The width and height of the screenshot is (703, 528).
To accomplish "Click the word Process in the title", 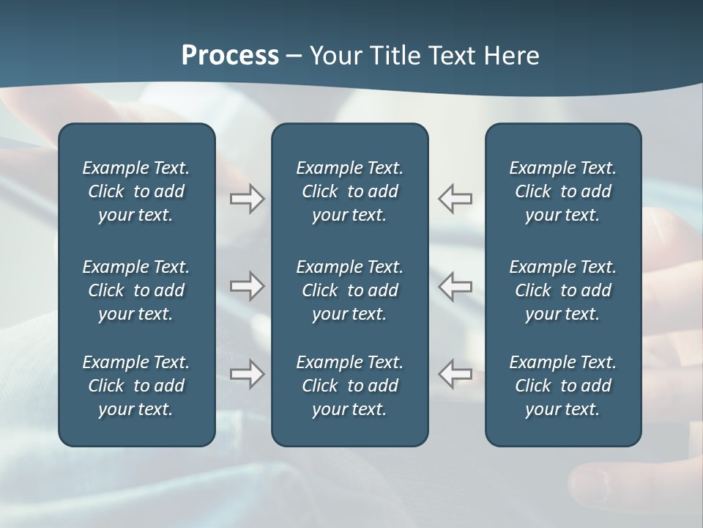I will [230, 56].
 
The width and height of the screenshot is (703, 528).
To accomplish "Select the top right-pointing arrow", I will [247, 199].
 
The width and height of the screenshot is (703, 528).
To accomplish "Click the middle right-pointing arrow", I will [247, 286].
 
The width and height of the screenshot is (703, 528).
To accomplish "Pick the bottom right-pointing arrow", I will [247, 374].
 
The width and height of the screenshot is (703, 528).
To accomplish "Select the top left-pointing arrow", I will [455, 199].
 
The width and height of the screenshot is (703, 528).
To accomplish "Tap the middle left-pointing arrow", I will [455, 286].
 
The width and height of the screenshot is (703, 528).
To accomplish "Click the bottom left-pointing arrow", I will [455, 374].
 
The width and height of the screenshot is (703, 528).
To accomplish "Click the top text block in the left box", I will [136, 191].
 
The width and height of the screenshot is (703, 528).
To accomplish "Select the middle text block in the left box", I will [136, 290].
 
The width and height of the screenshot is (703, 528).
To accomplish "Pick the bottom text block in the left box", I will [136, 386].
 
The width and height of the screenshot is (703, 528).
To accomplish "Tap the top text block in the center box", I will [349, 191].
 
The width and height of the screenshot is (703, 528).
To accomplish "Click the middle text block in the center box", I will [349, 290].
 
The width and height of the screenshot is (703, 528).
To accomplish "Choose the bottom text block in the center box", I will [349, 386].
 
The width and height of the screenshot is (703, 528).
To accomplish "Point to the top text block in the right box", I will [562, 191].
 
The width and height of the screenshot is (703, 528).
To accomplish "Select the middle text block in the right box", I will [562, 290].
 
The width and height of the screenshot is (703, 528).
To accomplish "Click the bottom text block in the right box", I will [562, 386].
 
